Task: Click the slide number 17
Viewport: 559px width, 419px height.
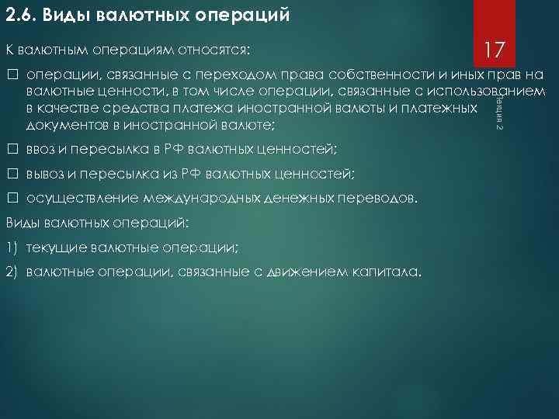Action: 495,51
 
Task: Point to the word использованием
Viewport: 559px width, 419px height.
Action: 501,92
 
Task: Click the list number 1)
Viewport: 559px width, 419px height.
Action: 12,248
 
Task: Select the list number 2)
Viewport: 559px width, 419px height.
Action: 12,272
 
